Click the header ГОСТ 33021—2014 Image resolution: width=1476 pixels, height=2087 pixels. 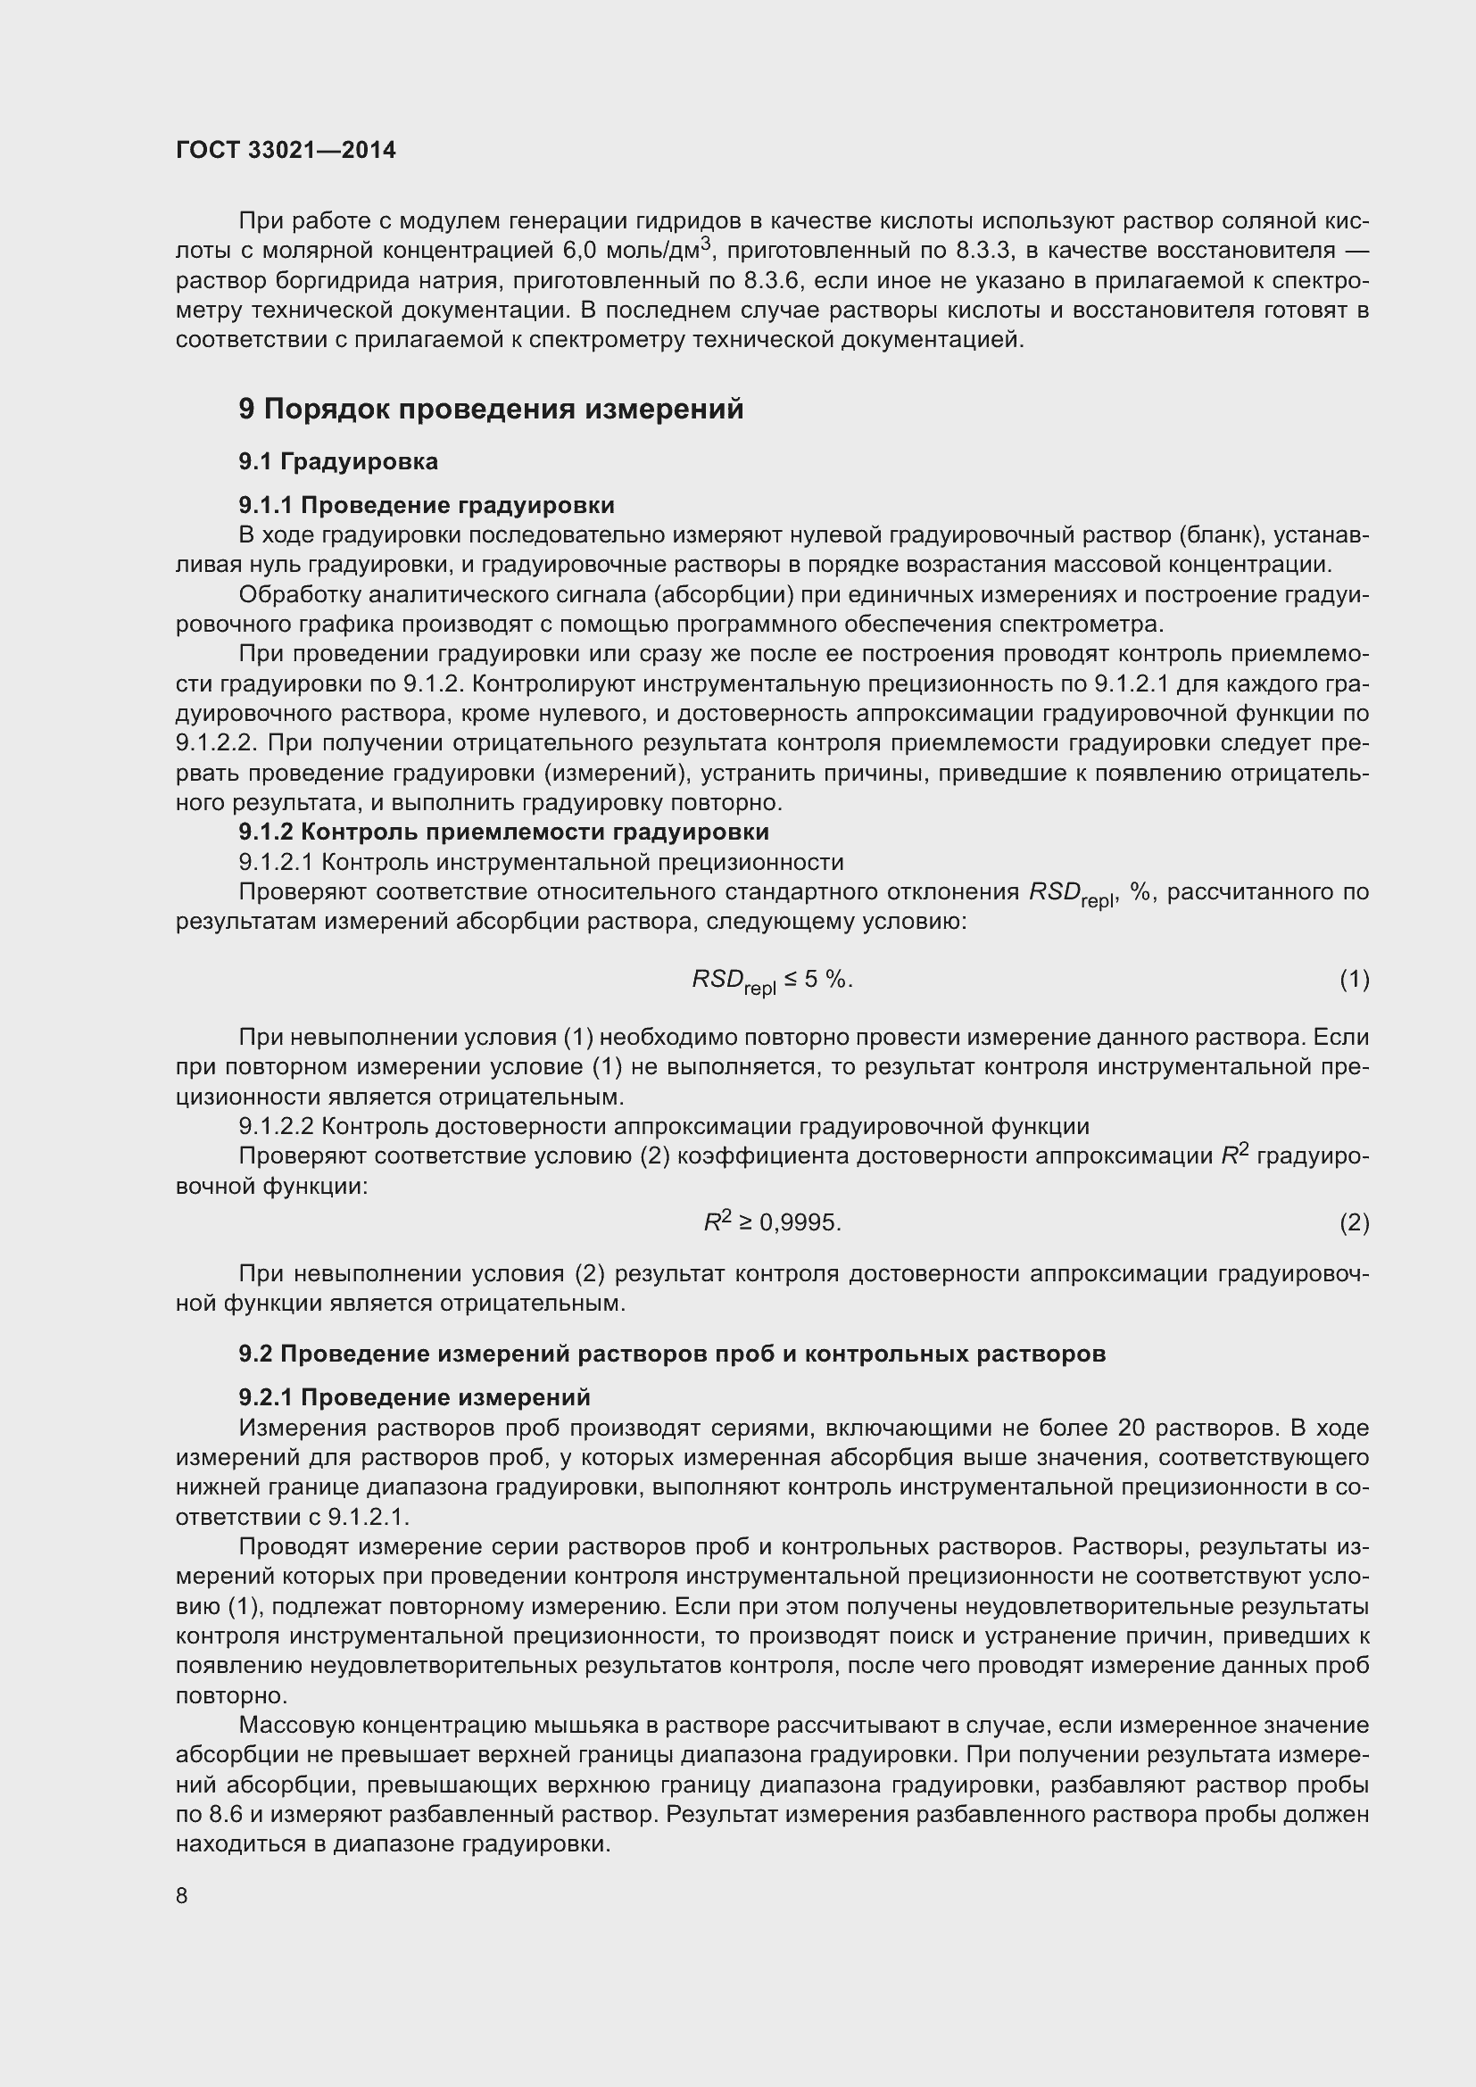pyautogui.click(x=286, y=150)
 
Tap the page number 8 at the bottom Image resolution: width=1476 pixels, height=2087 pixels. pyautogui.click(x=182, y=1895)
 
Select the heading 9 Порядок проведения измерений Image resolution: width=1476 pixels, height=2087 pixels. pyautogui.click(x=491, y=409)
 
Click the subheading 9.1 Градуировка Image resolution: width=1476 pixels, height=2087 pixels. pyautogui.click(x=338, y=462)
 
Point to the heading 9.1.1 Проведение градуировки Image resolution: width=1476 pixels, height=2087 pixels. pyautogui.click(x=427, y=504)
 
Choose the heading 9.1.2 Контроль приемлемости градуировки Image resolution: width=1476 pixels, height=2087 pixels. pyautogui.click(x=503, y=832)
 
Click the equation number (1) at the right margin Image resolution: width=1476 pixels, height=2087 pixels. pyautogui.click(x=1354, y=979)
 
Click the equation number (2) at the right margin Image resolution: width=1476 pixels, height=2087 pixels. pyautogui.click(x=1354, y=1223)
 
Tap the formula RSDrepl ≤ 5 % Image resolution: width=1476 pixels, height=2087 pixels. pyautogui.click(x=773, y=981)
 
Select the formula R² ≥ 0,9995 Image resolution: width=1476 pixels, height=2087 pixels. pyautogui.click(x=773, y=1223)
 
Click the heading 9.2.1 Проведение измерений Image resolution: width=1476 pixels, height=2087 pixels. pyautogui.click(x=414, y=1397)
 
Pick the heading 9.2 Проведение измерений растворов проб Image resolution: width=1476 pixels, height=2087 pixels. pyautogui.click(x=672, y=1354)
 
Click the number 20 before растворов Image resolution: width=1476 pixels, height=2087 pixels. pyautogui.click(x=1132, y=1428)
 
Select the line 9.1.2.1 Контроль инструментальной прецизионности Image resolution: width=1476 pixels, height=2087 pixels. pyautogui.click(x=541, y=862)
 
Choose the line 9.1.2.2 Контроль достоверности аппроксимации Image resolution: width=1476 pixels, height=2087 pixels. pyautogui.click(x=663, y=1127)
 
